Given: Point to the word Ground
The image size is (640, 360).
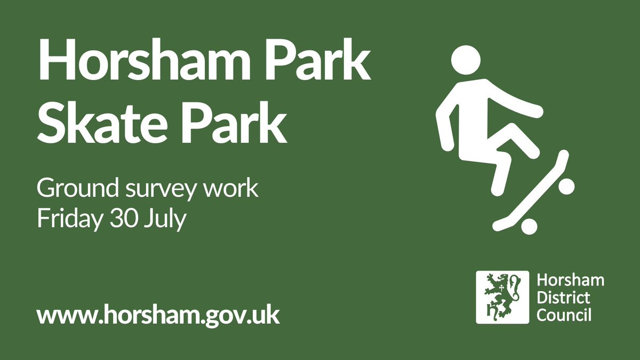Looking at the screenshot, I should click(73, 190).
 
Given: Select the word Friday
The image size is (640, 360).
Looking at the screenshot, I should click(66, 219).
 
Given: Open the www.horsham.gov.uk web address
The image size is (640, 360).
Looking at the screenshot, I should click(158, 315).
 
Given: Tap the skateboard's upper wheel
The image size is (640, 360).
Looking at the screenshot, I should click(565, 186).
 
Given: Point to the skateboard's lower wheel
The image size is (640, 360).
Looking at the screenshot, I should click(529, 226).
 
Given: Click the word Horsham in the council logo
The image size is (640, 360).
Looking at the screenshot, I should click(570, 280).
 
